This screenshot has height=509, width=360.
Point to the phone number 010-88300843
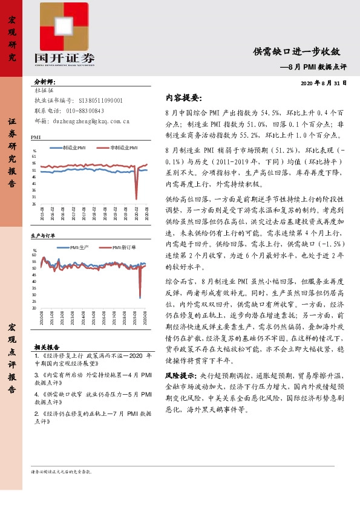tap(84, 111)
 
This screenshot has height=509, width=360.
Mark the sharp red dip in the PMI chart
tap(136, 196)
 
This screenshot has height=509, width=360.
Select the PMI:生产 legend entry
tap(76, 247)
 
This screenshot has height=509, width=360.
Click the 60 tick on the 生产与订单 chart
tap(35, 255)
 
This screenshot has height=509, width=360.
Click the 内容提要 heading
tap(183, 98)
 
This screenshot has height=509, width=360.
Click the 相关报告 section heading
tap(47, 348)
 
